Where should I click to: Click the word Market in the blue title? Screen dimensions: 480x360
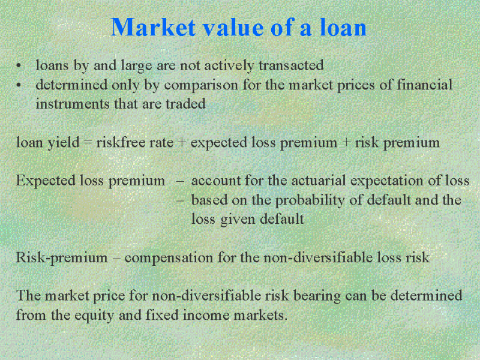pos(153,27)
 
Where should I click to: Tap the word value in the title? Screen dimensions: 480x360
pos(233,27)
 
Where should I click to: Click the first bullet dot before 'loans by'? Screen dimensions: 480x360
pos(19,65)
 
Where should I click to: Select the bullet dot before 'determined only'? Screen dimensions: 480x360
pos(19,85)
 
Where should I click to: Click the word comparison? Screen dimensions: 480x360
pos(201,85)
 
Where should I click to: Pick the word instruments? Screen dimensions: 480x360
pos(73,104)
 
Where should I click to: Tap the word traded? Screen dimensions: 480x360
pos(185,103)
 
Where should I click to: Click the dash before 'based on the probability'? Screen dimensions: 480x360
pos(181,200)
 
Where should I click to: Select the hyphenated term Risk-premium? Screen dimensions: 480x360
pos(62,258)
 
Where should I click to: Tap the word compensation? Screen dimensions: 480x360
pos(169,258)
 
